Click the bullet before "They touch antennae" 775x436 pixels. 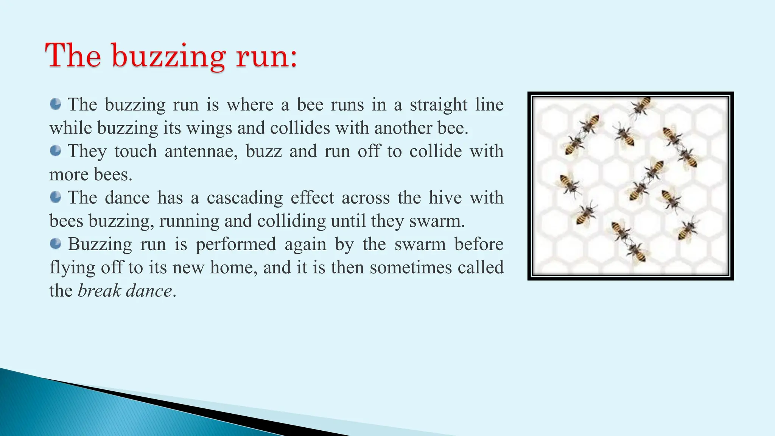click(x=56, y=151)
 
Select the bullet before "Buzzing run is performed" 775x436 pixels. click(x=56, y=244)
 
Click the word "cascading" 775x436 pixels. click(x=244, y=198)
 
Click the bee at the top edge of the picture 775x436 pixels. click(x=642, y=106)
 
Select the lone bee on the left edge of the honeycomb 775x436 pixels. click(x=569, y=184)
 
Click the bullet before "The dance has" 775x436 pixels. click(x=56, y=197)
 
